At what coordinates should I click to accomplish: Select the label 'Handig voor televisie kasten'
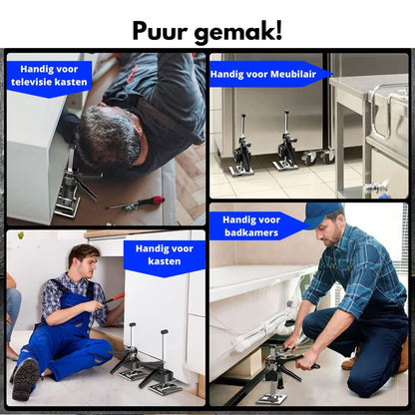48,77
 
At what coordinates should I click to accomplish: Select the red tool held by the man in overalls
113,297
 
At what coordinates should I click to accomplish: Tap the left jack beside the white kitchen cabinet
131,354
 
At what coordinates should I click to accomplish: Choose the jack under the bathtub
272,375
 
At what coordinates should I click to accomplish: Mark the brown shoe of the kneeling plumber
350,362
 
